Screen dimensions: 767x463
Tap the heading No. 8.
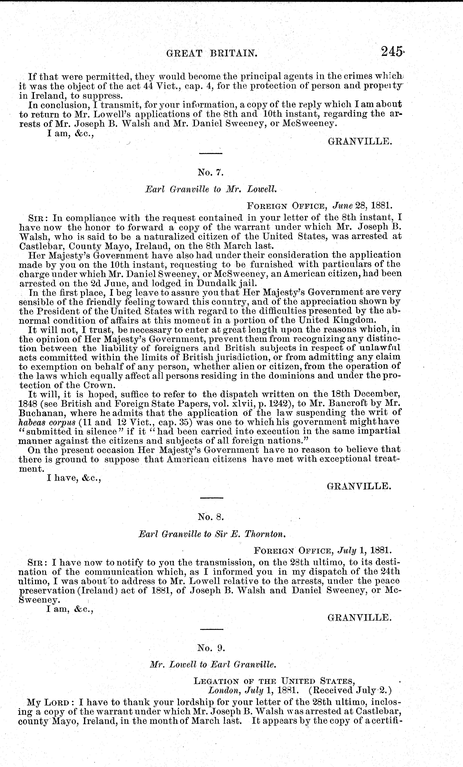(x=211, y=517)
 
